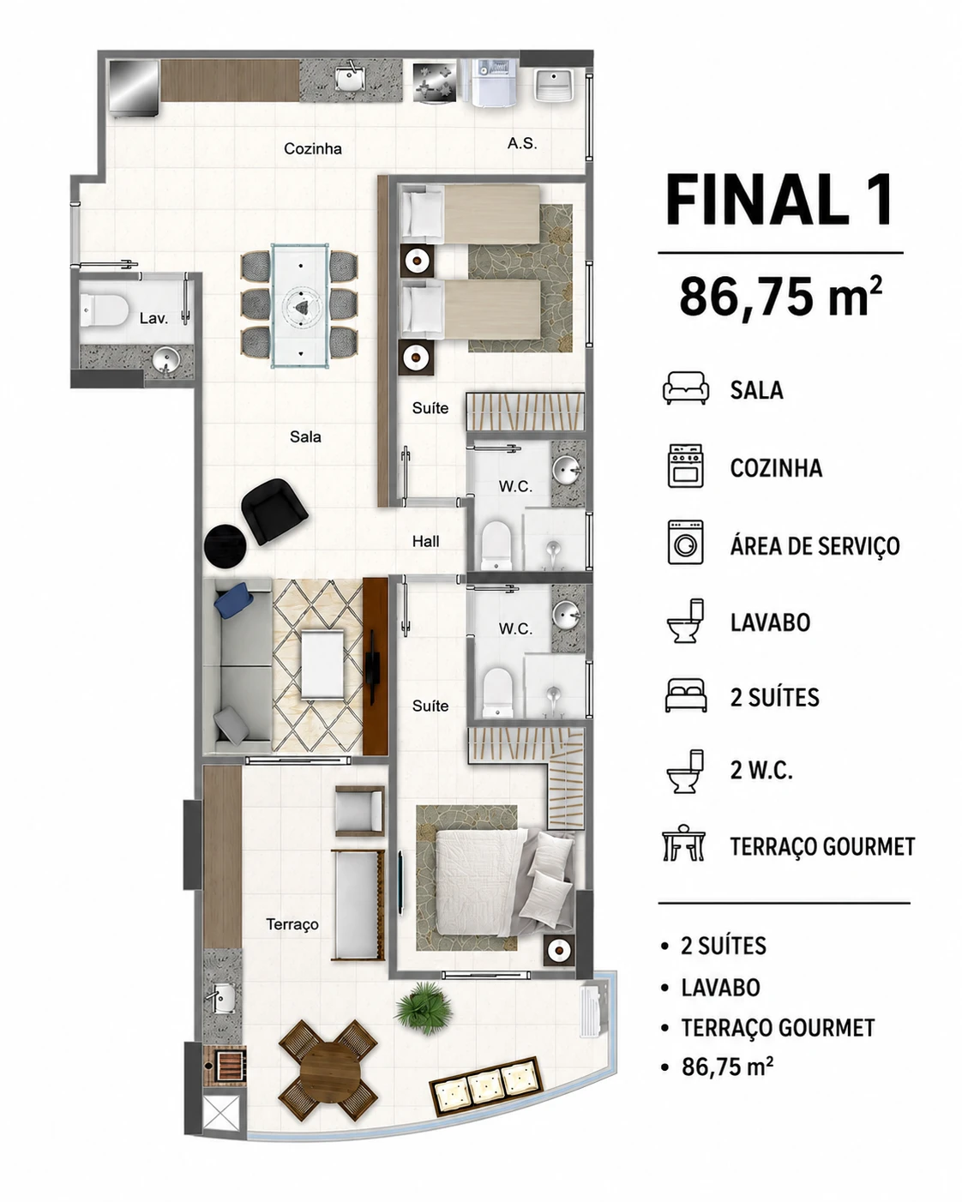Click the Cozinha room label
[312, 148]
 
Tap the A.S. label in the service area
[522, 143]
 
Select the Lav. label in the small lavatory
[153, 318]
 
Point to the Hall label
[425, 541]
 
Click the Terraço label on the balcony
[292, 924]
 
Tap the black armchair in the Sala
[274, 510]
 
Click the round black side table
[225, 546]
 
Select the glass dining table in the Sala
[300, 305]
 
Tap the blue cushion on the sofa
[233, 600]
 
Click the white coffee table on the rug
[322, 664]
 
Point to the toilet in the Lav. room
[104, 310]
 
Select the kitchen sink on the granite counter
[351, 79]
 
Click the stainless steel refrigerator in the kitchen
[134, 87]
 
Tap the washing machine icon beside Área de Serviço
[685, 542]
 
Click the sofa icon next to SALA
[685, 388]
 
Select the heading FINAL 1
[779, 200]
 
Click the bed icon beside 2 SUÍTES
[685, 694]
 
